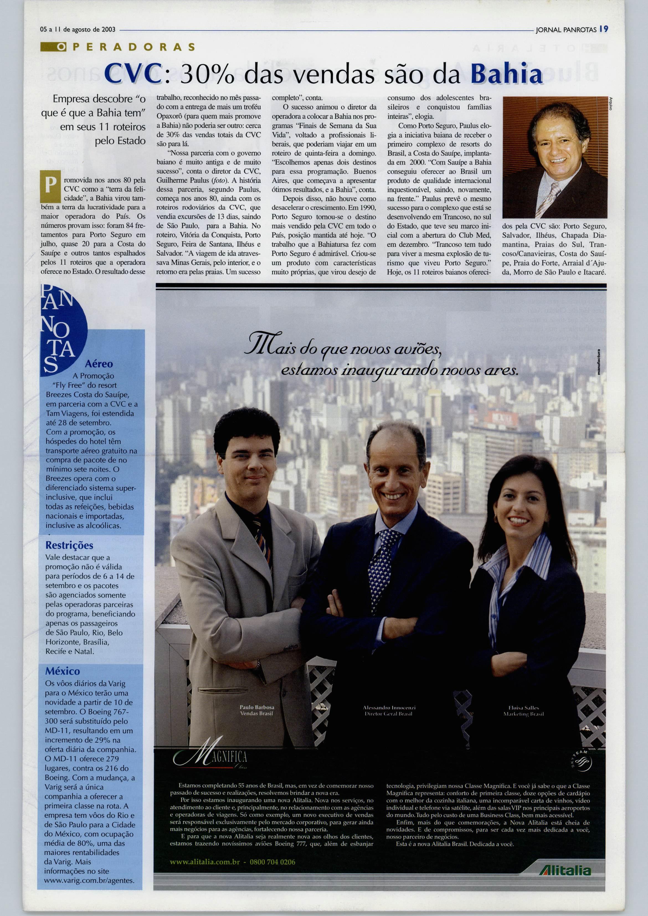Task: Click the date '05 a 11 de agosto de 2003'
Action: click(x=78, y=30)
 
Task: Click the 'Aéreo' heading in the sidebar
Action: click(x=99, y=364)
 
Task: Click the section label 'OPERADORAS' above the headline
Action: click(x=118, y=47)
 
